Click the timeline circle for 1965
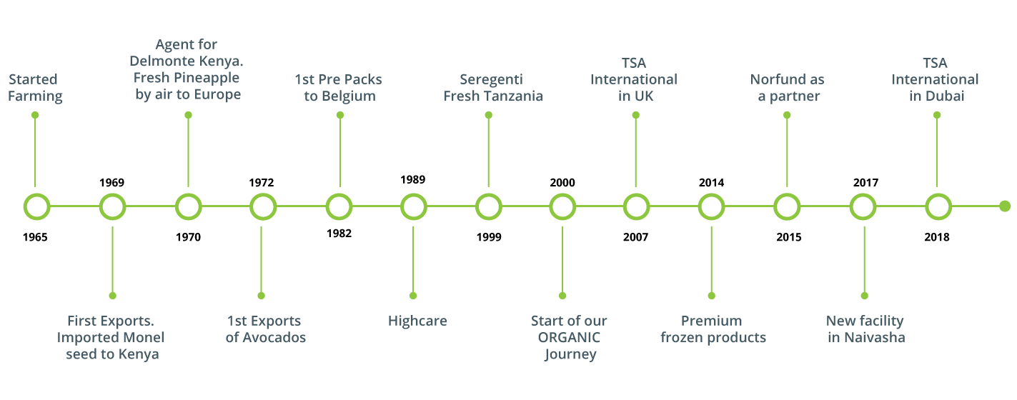tap(36, 206)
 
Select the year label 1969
tap(111, 182)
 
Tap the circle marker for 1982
tap(339, 206)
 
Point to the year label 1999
tap(489, 237)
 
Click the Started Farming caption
tap(35, 87)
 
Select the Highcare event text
tap(417, 321)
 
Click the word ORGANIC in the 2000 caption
tap(569, 337)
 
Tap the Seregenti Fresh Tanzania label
tap(493, 87)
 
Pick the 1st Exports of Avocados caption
tap(265, 329)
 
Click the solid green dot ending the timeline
tap(1004, 206)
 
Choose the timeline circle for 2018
tap(938, 206)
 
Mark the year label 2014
tap(711, 182)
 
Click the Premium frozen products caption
tap(713, 329)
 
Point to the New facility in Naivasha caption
tap(865, 329)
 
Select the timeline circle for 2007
tap(635, 206)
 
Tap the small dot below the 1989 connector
tap(413, 295)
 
